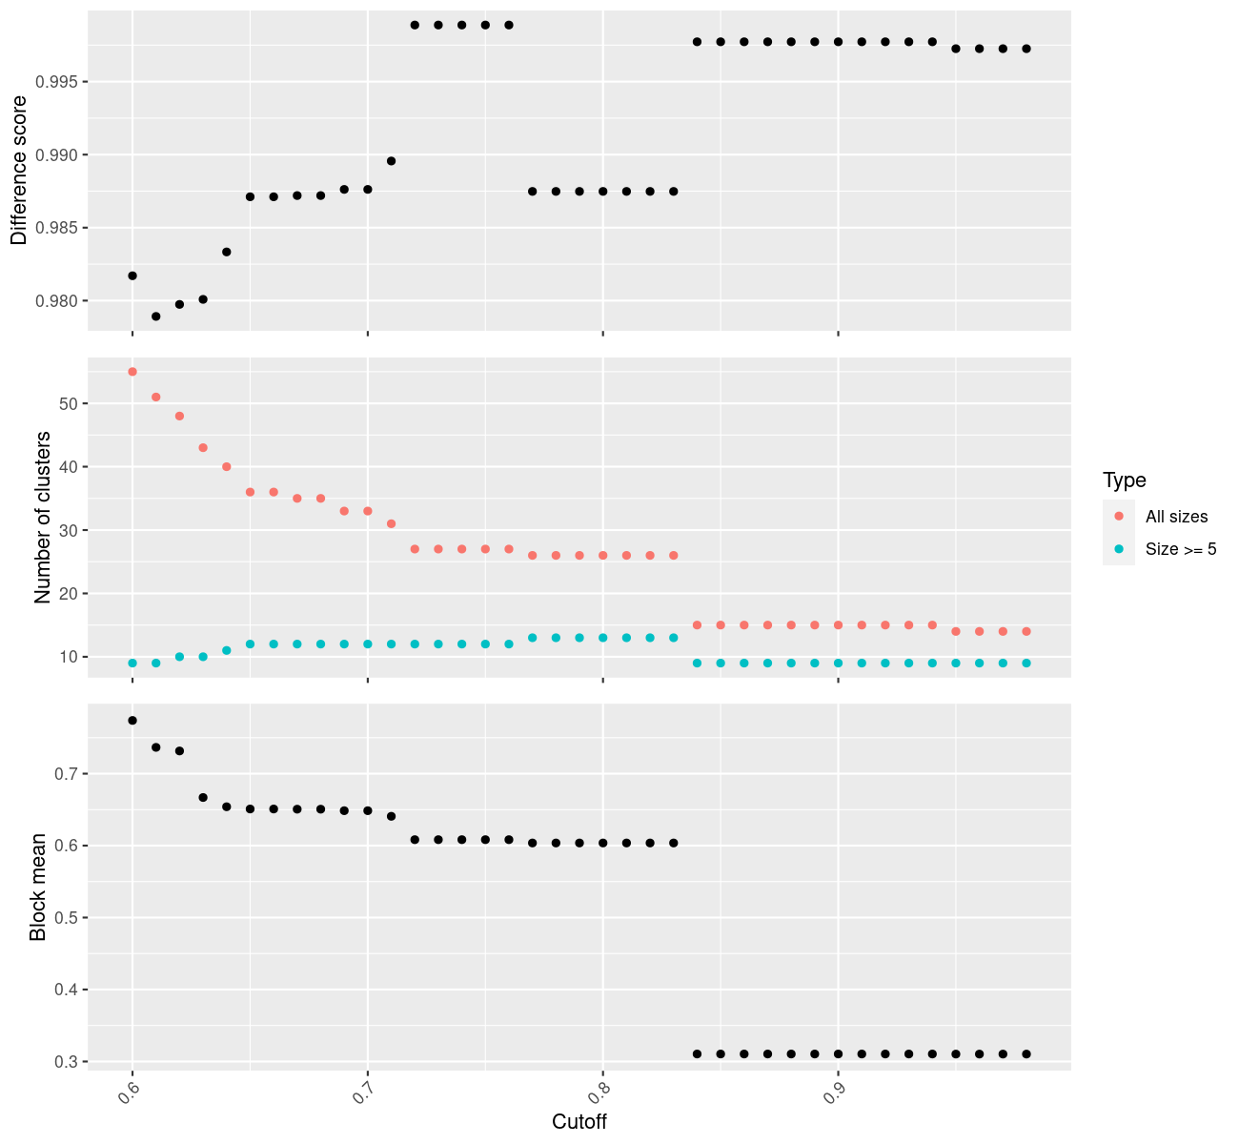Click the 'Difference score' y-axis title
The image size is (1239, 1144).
[x=18, y=171]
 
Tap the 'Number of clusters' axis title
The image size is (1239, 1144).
[x=42, y=518]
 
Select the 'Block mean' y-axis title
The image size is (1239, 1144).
[x=37, y=887]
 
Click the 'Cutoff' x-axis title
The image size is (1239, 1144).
[x=579, y=1121]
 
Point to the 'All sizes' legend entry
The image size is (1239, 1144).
[x=1176, y=517]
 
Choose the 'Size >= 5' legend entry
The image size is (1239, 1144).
[x=1181, y=549]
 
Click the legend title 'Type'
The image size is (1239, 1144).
[x=1124, y=480]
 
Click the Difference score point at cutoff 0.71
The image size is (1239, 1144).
[x=391, y=161]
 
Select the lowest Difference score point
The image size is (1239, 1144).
[x=156, y=316]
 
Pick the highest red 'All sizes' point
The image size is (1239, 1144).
[x=132, y=372]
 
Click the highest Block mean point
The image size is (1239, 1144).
[x=132, y=721]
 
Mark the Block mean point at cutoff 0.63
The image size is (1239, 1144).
[x=203, y=797]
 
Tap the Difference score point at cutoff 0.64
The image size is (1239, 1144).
[x=227, y=252]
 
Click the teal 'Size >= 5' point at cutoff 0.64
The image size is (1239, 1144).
[x=227, y=650]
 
